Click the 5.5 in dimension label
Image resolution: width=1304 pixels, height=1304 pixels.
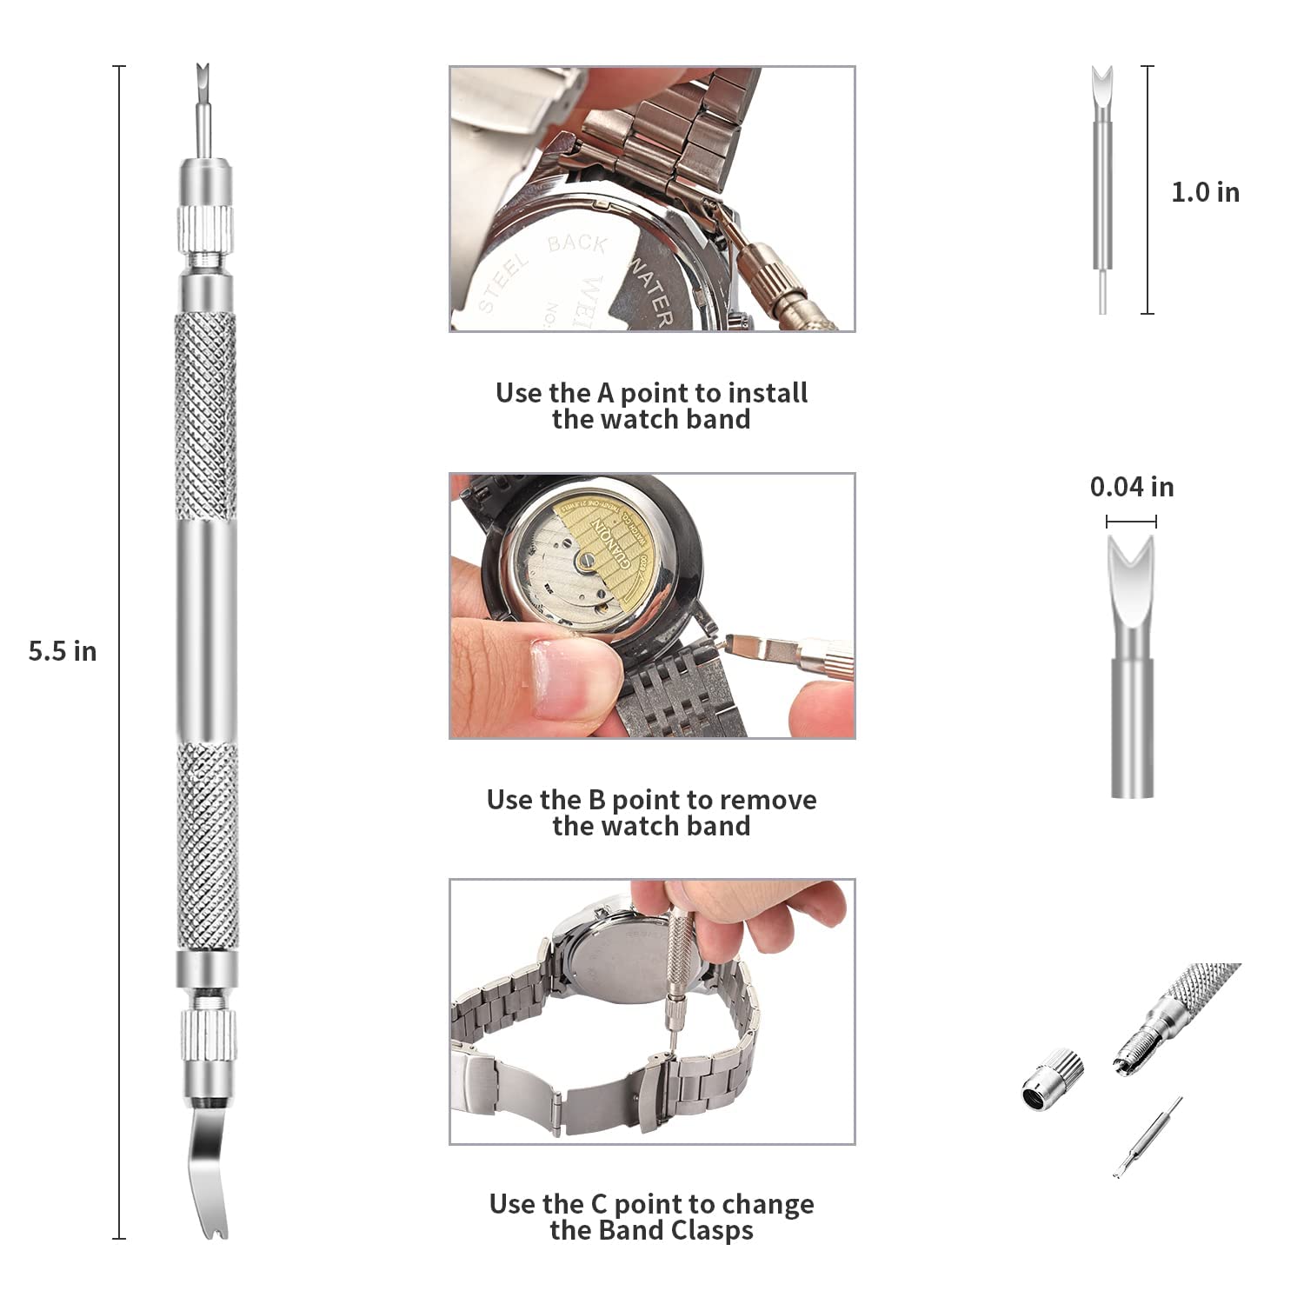pos(62,651)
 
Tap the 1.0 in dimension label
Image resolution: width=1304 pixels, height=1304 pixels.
pos(1205,192)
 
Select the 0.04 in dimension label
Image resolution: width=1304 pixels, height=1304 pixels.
pos(1132,487)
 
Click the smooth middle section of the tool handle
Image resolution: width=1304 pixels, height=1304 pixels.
pos(206,630)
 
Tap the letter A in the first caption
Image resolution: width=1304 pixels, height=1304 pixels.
pos(605,393)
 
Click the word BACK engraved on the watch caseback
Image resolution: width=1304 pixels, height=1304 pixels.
pos(577,244)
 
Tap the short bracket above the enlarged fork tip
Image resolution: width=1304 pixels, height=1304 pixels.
pos(1131,522)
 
